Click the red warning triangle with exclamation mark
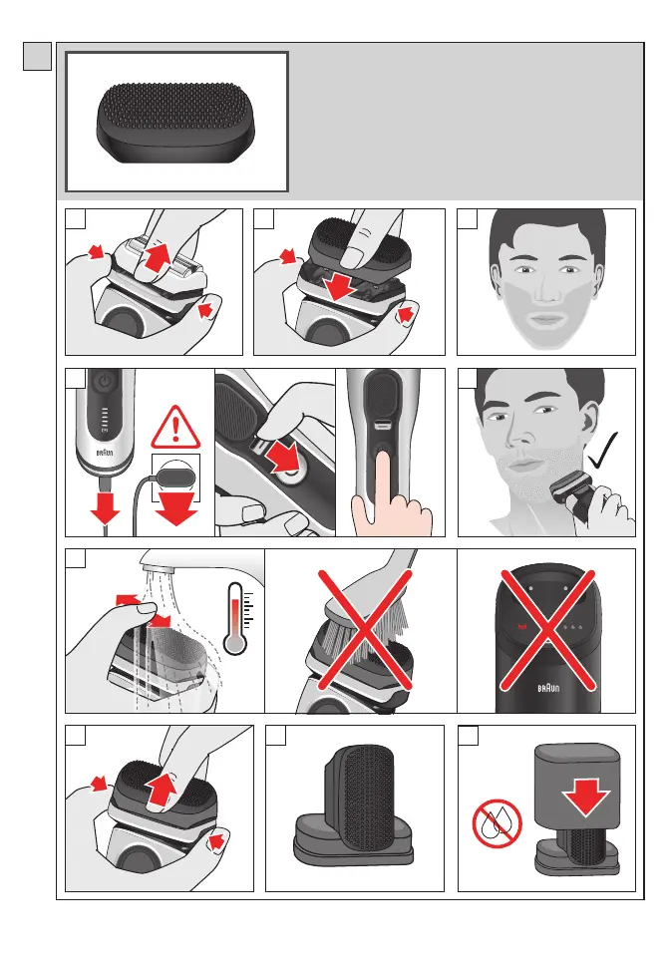tap(175, 428)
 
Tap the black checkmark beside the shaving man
tap(602, 451)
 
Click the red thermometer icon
tap(235, 618)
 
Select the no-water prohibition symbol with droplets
tap(497, 823)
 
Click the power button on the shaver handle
tap(105, 382)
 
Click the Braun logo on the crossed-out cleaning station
tap(548, 688)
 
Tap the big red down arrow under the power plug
tap(176, 506)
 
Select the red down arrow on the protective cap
tap(585, 797)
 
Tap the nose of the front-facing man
tap(545, 289)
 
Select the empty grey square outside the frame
tap(38, 56)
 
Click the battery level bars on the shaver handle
tap(104, 422)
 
